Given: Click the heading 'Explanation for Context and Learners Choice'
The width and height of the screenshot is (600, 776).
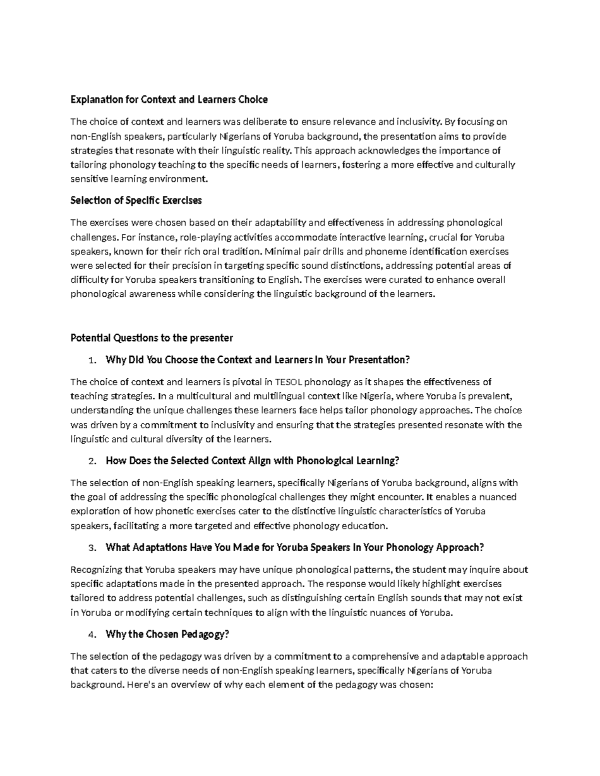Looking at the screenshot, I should pos(169,99).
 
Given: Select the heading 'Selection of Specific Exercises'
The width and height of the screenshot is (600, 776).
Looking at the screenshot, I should pos(136,200).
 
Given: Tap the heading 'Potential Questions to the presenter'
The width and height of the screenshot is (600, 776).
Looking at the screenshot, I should pos(151,338).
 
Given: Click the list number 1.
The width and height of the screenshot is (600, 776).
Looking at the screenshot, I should pos(90,361).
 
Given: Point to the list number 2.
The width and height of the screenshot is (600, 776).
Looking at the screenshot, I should pos(90,461).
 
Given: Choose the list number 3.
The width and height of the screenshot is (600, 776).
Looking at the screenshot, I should pos(90,548).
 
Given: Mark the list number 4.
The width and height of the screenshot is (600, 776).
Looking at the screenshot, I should pos(90,635).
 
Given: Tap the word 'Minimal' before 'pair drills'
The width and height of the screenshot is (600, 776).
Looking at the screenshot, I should pos(281,251).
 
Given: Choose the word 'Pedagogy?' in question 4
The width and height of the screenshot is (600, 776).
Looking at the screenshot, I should pos(205,635).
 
